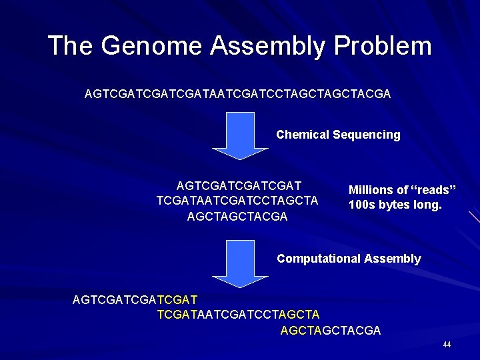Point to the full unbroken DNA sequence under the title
tap(237, 95)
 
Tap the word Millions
tap(371, 190)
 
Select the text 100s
tap(362, 205)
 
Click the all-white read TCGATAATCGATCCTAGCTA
tap(237, 201)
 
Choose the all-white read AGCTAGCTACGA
tap(237, 217)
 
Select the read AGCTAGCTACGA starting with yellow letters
tap(331, 330)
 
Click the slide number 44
tap(447, 345)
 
